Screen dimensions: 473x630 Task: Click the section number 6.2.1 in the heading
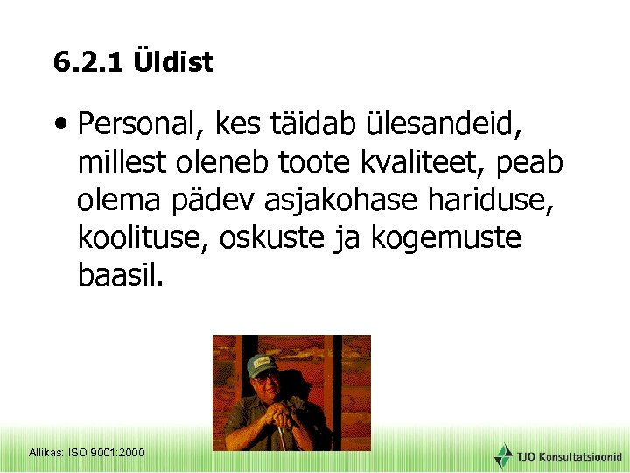click(x=88, y=63)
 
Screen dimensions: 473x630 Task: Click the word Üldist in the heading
click(x=173, y=63)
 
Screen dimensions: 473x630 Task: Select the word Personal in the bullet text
click(x=136, y=126)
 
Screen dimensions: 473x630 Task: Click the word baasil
click(x=120, y=276)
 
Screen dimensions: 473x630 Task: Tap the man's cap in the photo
click(x=262, y=364)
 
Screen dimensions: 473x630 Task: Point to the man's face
click(x=264, y=385)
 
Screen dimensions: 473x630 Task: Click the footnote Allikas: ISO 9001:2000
click(x=87, y=453)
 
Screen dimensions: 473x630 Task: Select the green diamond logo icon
click(x=503, y=455)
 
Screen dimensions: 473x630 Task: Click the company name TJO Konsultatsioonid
click(x=569, y=456)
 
